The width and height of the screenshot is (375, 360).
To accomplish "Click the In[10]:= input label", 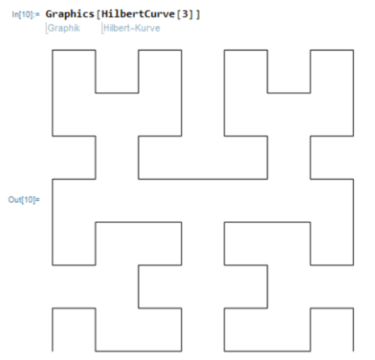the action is tap(26, 14).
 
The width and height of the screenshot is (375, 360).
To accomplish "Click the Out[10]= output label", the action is tap(24, 200).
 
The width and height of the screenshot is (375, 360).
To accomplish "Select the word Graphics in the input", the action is tap(70, 14).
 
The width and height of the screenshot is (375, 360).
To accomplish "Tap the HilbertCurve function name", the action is tap(138, 14).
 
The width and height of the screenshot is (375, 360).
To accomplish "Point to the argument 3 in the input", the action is tap(185, 14).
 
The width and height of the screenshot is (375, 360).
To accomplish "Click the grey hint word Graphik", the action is tap(63, 28).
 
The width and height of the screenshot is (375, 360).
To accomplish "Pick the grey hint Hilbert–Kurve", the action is tap(131, 28).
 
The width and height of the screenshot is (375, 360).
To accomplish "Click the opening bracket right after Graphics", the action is tap(98, 14).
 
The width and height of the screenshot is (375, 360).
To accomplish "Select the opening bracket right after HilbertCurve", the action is tap(178, 14).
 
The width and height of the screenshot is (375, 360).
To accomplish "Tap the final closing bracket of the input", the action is tap(198, 14).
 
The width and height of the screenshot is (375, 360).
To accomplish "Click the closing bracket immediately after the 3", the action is tap(191, 14).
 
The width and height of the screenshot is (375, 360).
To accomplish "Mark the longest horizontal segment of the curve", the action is tap(203, 179).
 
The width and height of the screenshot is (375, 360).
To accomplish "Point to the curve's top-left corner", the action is tap(53, 50).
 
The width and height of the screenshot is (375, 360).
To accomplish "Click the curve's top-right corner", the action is tap(353, 50).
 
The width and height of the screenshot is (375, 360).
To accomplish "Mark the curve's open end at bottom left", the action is tap(53, 351).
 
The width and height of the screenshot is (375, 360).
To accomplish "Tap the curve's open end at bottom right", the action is tap(353, 351).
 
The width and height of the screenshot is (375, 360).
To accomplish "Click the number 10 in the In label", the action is tap(27, 14).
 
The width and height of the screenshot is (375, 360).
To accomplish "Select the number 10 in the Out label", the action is tap(28, 200).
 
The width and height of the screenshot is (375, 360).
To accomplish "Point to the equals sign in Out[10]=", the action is tap(37, 200).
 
